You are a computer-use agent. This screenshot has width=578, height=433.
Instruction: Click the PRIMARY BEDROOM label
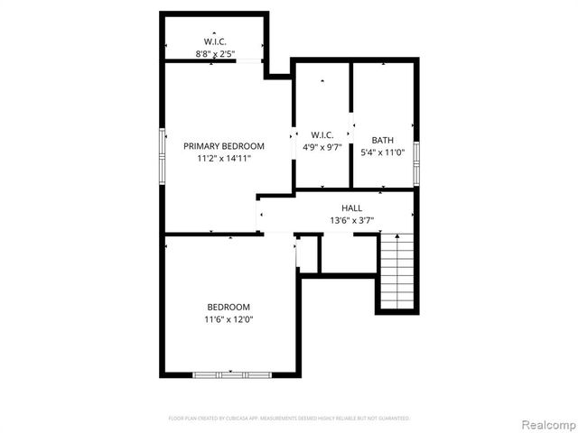tap(224, 146)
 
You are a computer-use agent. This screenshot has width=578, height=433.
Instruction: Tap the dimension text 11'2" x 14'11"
tap(224, 158)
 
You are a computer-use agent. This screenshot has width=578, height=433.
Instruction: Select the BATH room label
tap(383, 140)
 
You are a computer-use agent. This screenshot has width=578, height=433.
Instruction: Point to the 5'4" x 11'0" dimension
tap(383, 152)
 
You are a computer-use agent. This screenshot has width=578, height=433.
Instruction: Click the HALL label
tap(352, 208)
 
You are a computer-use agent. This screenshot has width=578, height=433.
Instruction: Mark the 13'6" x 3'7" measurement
tap(352, 220)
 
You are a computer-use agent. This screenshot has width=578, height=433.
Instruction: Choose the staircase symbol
tap(396, 271)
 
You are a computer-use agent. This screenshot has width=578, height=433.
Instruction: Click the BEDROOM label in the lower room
tap(228, 307)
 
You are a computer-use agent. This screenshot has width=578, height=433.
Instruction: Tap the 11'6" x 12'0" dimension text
tap(228, 318)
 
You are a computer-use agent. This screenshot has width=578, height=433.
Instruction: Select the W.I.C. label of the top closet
tap(215, 41)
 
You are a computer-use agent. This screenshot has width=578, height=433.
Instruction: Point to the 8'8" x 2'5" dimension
tap(215, 54)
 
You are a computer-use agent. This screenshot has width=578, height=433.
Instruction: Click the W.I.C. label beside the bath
tap(322, 135)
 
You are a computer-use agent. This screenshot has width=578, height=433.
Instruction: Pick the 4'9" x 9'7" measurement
tap(322, 148)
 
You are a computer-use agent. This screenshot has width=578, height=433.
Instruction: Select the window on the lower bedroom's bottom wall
tap(231, 373)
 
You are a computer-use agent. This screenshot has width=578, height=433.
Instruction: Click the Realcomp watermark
tap(545, 424)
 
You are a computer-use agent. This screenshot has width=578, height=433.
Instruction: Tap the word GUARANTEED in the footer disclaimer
tap(393, 419)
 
